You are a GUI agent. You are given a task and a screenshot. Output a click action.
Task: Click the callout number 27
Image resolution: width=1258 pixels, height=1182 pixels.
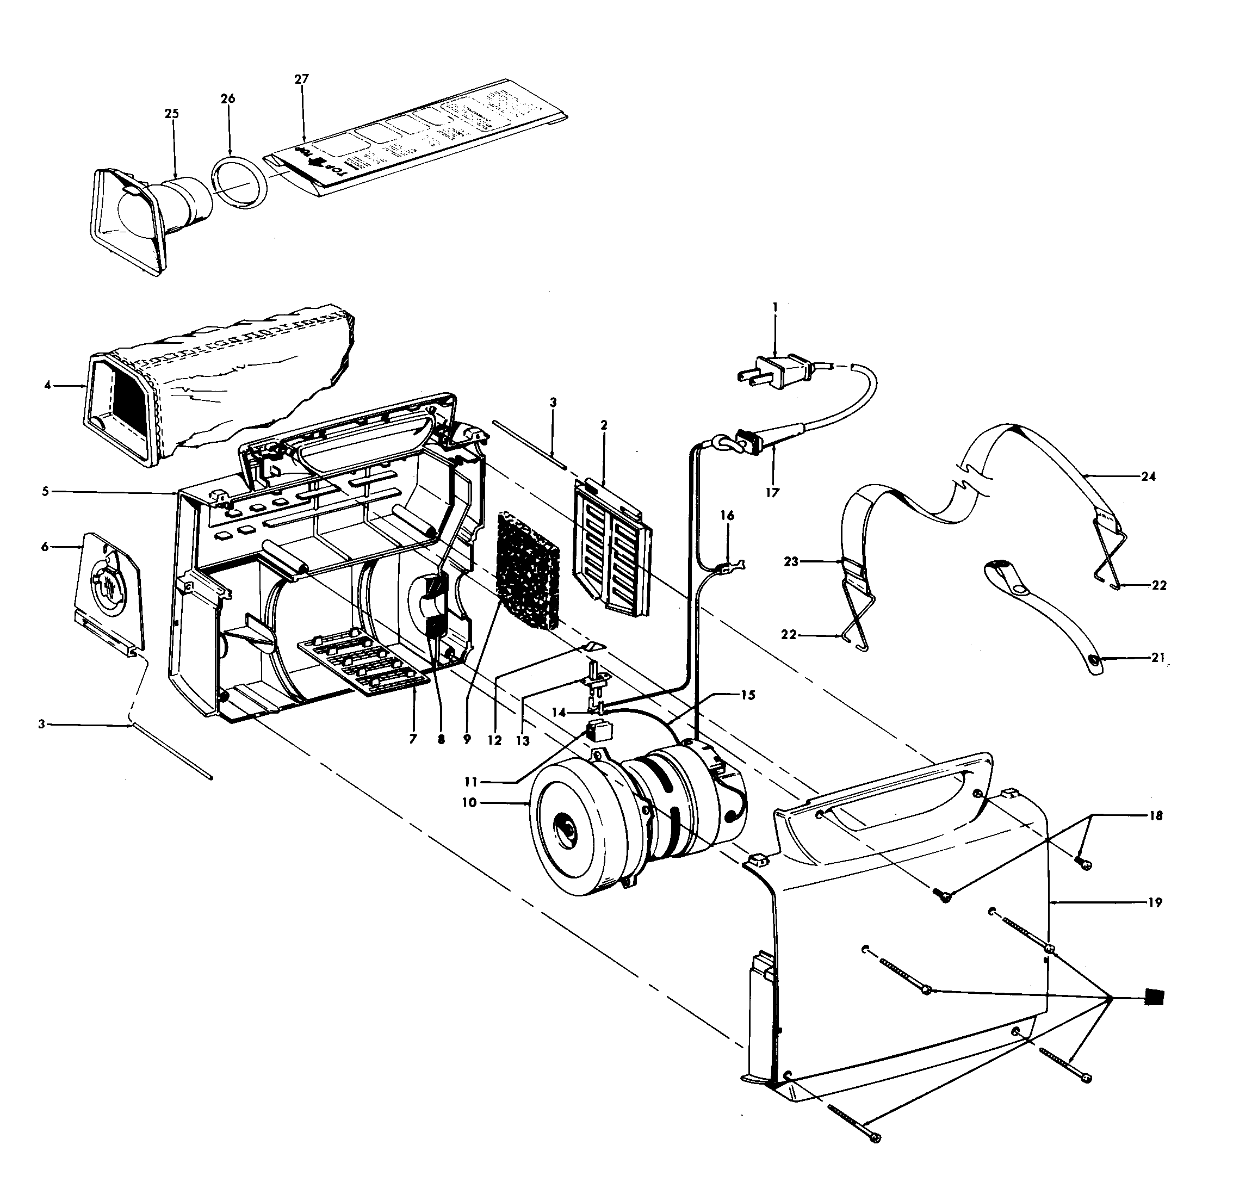tap(301, 79)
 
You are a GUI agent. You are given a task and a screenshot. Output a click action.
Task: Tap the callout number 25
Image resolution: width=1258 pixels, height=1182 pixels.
tap(171, 114)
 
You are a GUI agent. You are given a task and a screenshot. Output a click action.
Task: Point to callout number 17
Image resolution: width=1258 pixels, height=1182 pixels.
tap(772, 492)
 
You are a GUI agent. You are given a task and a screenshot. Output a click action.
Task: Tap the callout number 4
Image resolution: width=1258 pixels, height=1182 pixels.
tap(47, 385)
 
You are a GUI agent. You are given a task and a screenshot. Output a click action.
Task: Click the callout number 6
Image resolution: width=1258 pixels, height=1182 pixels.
tap(45, 546)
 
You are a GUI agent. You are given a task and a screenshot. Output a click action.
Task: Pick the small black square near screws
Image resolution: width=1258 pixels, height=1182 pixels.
tap(1154, 998)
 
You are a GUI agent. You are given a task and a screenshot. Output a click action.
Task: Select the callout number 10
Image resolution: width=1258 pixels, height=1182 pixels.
tap(469, 802)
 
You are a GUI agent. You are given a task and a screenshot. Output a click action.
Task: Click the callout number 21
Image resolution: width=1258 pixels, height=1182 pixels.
tap(1157, 658)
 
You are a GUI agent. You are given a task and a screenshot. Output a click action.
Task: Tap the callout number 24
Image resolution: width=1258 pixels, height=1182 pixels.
tap(1148, 476)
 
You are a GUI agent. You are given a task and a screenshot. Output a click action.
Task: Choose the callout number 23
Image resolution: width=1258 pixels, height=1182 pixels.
tap(791, 561)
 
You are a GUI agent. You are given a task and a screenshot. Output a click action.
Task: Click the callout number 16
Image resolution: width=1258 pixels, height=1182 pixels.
tap(727, 516)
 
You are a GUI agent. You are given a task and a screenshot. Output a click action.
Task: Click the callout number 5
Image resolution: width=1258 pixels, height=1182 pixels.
tap(45, 492)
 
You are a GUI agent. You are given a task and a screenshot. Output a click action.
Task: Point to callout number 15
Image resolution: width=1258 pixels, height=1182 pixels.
tap(747, 695)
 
